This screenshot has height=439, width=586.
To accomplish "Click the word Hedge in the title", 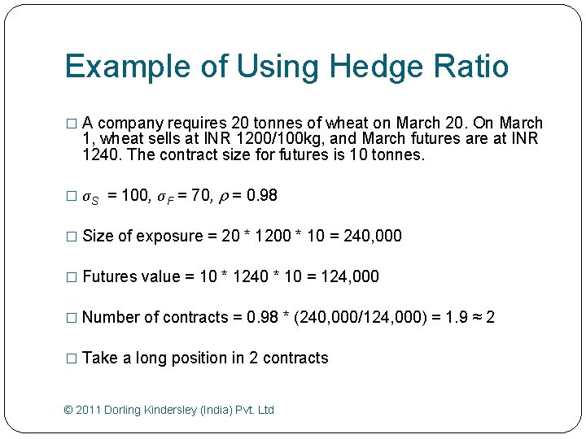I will [x=368, y=67].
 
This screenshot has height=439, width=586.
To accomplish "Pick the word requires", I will [x=197, y=124].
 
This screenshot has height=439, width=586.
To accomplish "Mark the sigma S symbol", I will [x=91, y=197].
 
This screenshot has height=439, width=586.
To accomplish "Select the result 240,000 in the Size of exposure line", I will [x=372, y=236].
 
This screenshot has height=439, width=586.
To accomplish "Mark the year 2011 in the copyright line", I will [x=88, y=410].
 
